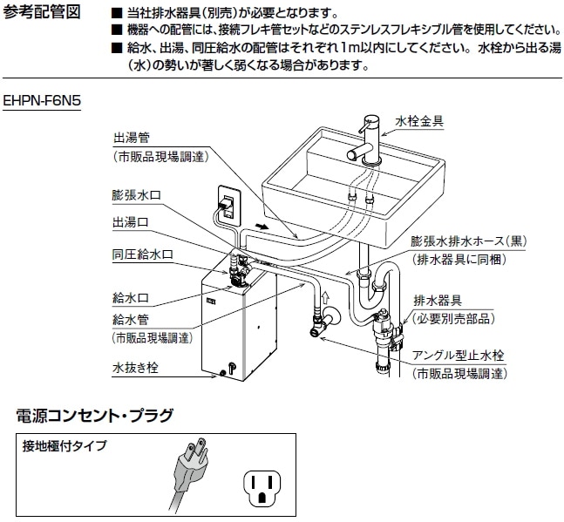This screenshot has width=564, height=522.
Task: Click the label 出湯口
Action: [131, 222]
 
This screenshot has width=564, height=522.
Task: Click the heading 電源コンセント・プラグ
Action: [95, 414]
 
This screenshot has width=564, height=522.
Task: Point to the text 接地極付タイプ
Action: [65, 446]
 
